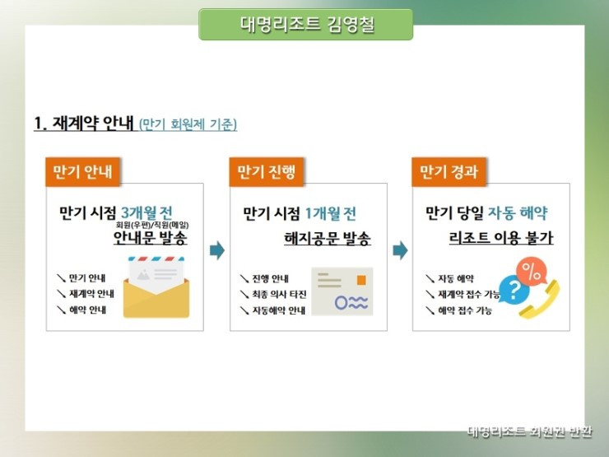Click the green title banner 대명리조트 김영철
305,25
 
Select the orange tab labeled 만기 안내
83,171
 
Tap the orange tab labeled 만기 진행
266,171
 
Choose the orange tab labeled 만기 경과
449,171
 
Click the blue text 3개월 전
146,212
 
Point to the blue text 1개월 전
330,213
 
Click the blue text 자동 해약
518,212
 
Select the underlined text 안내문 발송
151,237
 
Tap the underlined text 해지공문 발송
328,238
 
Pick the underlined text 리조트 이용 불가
501,237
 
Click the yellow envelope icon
156,287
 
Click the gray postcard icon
342,291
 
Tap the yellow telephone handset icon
540,300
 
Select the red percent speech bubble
531,273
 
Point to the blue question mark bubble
514,290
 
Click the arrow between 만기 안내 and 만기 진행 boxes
217,250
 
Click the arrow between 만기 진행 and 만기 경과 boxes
400,250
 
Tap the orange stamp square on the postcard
361,280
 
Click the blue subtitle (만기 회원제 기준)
188,124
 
